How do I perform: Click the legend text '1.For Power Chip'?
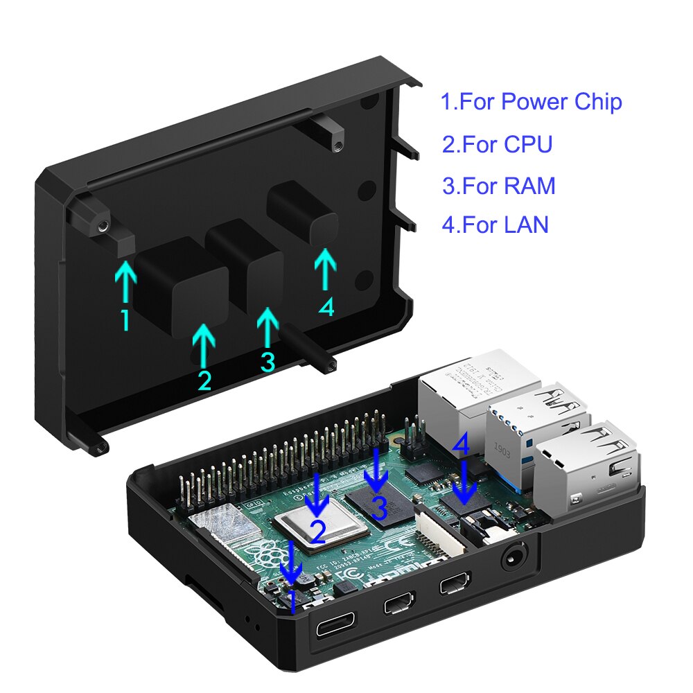531,102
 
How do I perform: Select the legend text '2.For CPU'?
497,144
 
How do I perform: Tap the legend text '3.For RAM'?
498,186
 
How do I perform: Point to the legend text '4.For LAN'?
495,225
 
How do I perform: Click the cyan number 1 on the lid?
125,320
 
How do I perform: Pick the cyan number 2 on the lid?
204,380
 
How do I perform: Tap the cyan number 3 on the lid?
267,361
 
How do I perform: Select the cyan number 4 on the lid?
326,306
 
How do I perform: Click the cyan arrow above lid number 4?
324,269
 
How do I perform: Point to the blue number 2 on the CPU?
317,531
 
